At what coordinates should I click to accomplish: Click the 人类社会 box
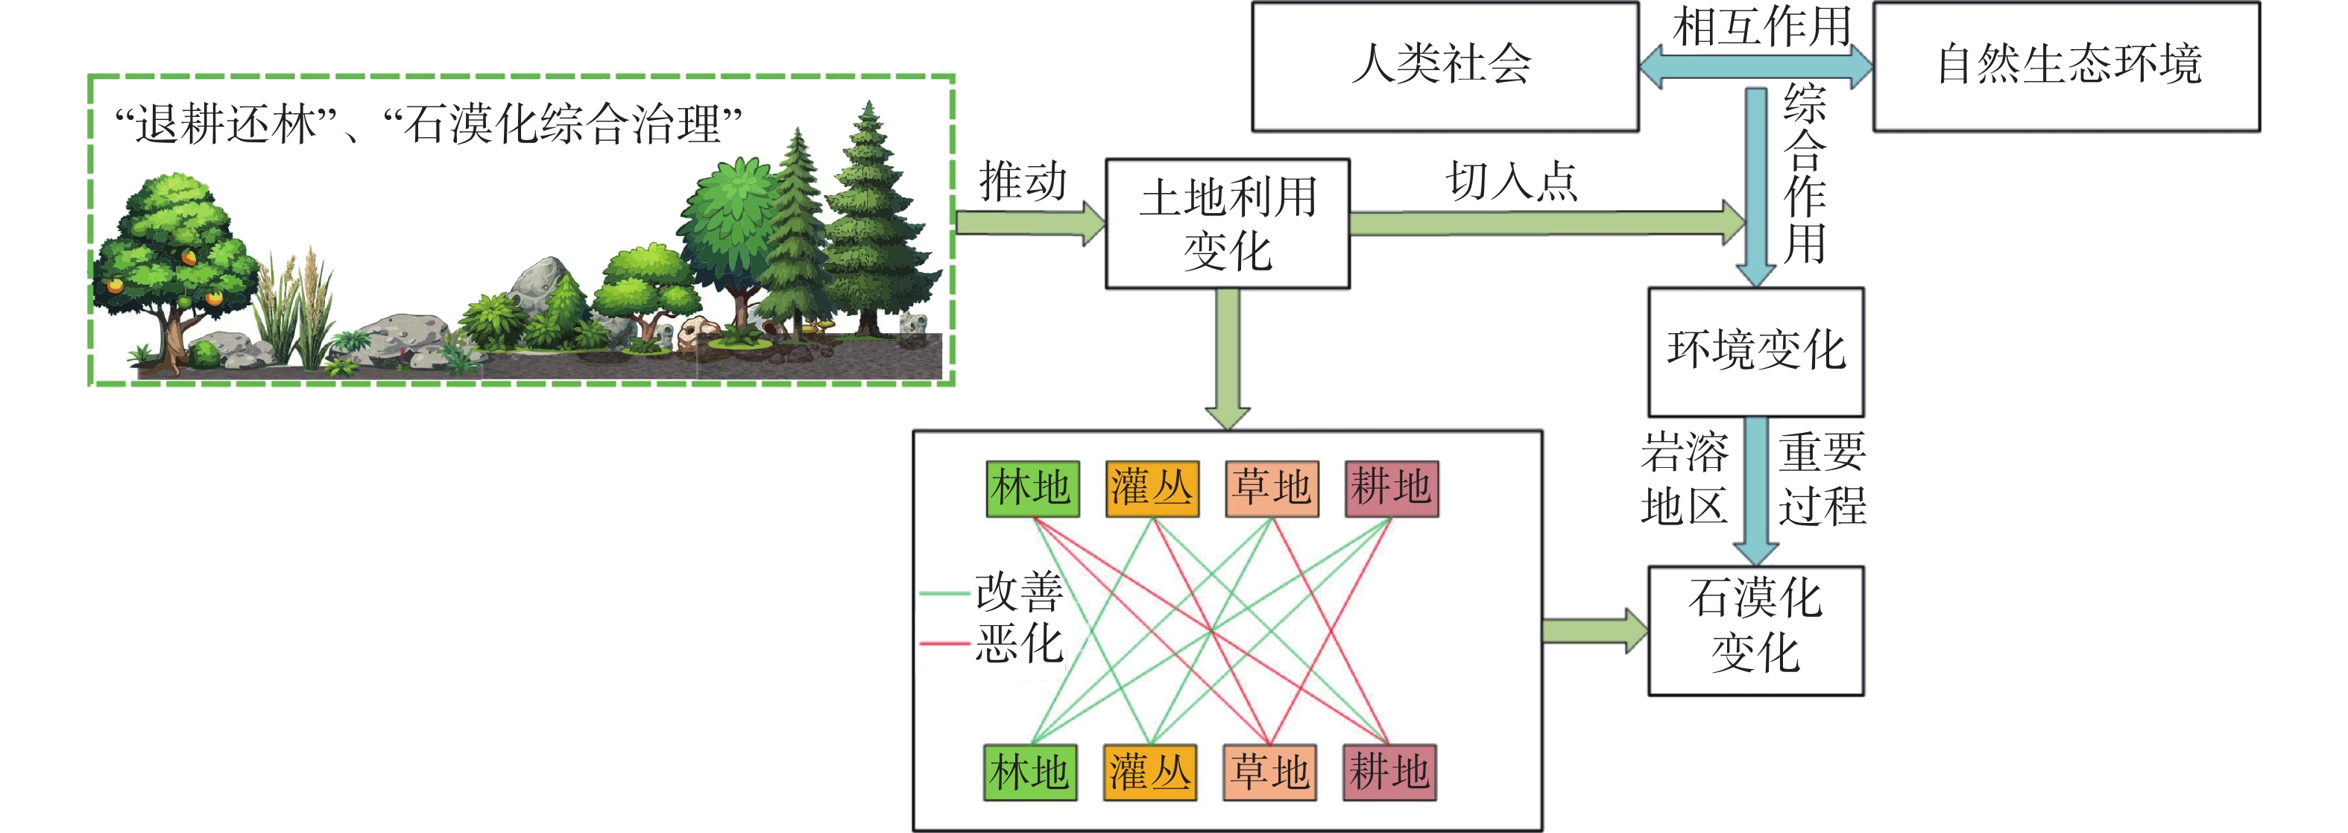pos(1444,66)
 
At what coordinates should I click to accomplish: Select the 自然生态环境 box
pos(2065,66)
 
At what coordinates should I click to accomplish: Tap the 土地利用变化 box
pos(1227,224)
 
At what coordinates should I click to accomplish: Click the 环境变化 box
pos(1755,352)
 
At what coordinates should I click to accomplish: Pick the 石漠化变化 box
pos(1755,630)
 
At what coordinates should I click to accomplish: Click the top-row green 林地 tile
pos(1032,489)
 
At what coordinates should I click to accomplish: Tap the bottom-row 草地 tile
pos(1269,773)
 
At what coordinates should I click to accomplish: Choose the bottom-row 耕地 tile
pos(1389,773)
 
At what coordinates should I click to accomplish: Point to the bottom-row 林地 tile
pos(1030,773)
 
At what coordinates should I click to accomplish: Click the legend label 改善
pos(1018,592)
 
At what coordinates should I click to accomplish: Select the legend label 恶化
pos(1018,644)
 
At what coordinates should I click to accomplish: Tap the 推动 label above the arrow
pos(1022,180)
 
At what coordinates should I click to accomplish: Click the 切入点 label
pos(1510,180)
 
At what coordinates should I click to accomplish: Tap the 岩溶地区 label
pos(1684,479)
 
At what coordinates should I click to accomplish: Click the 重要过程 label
pos(1822,479)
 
